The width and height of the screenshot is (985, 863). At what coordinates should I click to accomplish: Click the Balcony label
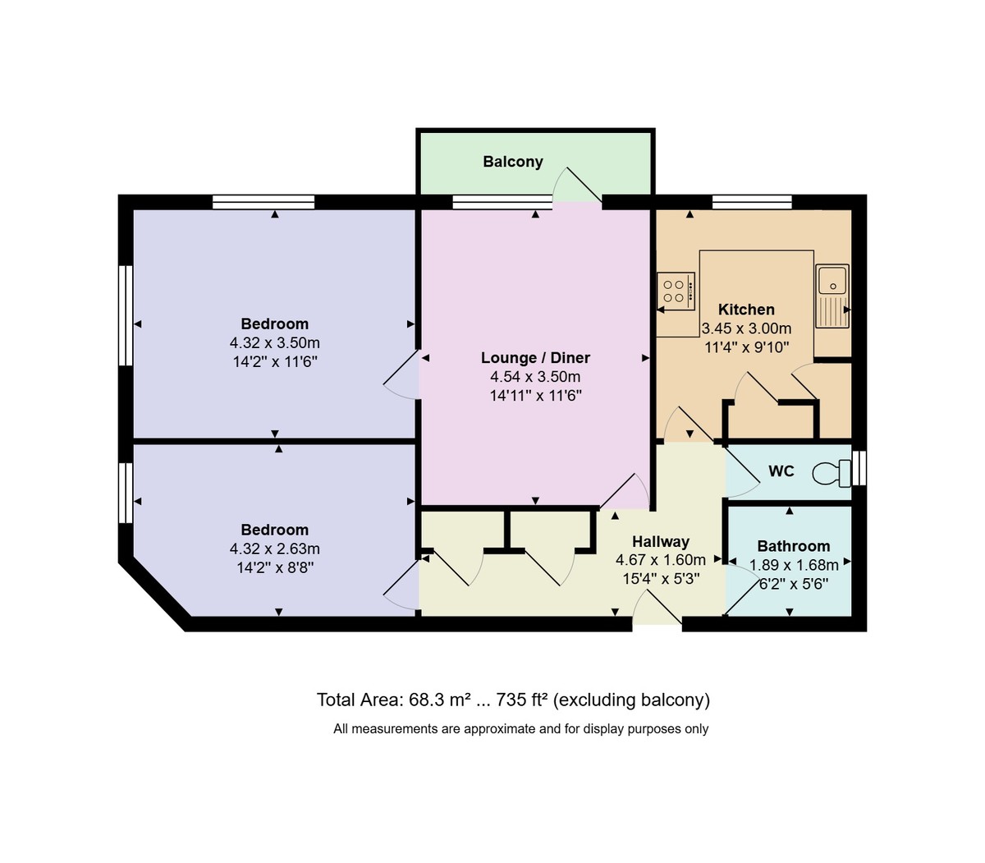(513, 162)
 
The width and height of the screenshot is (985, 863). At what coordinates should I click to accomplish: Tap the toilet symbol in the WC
(832, 472)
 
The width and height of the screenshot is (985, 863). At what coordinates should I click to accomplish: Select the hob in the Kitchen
(676, 290)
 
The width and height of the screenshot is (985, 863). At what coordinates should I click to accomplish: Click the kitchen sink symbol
(832, 295)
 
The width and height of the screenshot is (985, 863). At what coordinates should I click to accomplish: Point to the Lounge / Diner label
(535, 358)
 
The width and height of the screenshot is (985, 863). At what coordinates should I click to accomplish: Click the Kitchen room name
(746, 310)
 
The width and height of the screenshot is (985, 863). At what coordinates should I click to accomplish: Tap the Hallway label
(661, 541)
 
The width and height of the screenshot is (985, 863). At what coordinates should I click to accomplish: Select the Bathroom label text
(793, 546)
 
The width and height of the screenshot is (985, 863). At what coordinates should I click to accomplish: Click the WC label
(781, 471)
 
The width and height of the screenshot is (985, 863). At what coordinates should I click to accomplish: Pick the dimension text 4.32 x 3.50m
(275, 343)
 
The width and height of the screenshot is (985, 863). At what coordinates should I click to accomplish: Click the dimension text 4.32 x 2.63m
(275, 549)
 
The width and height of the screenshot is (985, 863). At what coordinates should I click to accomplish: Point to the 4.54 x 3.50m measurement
(535, 378)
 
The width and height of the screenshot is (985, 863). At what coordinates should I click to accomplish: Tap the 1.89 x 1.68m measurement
(794, 565)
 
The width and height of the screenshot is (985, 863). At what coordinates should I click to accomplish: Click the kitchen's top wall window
(752, 202)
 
